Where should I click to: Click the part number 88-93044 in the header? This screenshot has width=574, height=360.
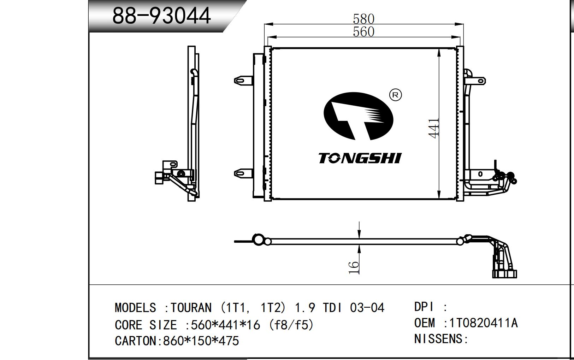point(161,16)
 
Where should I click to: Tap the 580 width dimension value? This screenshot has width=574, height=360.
point(363,19)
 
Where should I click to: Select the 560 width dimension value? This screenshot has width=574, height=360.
point(363,32)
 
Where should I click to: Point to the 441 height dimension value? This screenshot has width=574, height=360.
point(434,128)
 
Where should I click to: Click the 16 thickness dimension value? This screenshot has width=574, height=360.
point(354,267)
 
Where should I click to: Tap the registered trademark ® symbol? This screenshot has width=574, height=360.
point(395,95)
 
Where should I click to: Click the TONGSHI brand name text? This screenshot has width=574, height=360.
point(360,158)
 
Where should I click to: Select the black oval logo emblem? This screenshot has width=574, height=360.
point(358,116)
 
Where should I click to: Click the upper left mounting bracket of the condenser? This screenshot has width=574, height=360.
point(243,81)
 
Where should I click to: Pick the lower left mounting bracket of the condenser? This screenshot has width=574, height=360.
point(243,173)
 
